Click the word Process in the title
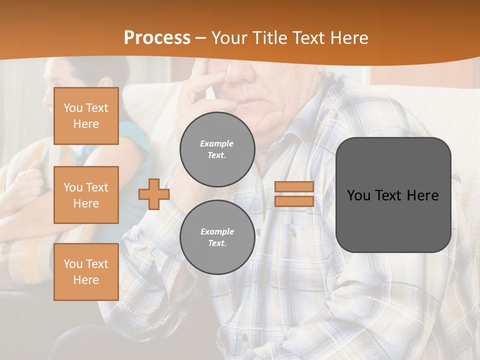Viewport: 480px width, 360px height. click(157, 38)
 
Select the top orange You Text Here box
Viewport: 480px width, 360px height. click(86, 116)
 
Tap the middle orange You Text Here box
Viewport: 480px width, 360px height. click(86, 195)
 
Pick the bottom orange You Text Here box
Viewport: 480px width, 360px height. click(86, 271)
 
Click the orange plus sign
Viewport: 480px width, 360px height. click(154, 194)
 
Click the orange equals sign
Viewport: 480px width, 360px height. click(294, 194)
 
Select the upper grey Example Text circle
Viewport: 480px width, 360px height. click(217, 149)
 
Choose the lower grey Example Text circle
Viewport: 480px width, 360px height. click(217, 237)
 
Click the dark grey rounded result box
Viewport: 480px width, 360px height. click(393, 195)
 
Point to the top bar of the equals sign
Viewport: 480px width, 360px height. click(294, 187)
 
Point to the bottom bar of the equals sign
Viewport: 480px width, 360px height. click(294, 201)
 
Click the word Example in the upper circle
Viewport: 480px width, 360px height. click(216, 143)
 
